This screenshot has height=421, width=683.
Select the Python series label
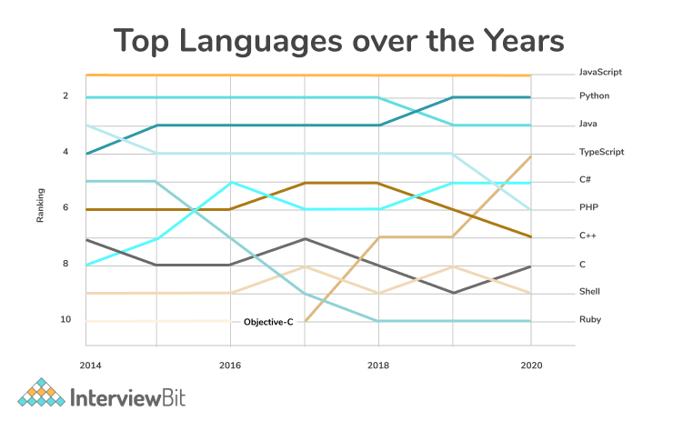pyautogui.click(x=594, y=95)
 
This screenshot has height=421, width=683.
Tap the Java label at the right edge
pyautogui.click(x=588, y=123)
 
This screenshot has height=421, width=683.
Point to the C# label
pyautogui.click(x=586, y=179)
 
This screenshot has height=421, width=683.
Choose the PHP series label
pyautogui.click(x=588, y=207)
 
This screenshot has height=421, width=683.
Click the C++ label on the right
pyautogui.click(x=588, y=236)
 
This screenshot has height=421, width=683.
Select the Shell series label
pyautogui.click(x=589, y=292)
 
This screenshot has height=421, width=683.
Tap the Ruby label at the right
pyautogui.click(x=589, y=320)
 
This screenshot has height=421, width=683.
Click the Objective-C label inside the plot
pyautogui.click(x=270, y=322)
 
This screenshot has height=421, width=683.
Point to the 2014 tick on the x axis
pyautogui.click(x=90, y=364)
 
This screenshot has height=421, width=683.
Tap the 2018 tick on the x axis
pyautogui.click(x=378, y=364)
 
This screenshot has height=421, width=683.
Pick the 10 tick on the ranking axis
pyautogui.click(x=65, y=320)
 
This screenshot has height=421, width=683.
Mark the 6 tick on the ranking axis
pyautogui.click(x=65, y=207)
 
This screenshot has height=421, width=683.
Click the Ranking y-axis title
pyautogui.click(x=40, y=207)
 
